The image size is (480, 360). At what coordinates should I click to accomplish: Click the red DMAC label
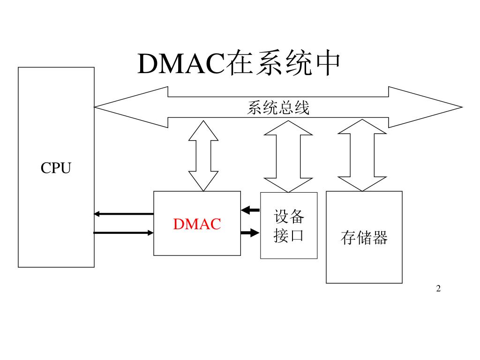197,224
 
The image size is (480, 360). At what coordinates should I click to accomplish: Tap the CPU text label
56,168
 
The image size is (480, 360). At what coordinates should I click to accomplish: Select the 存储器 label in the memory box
364,238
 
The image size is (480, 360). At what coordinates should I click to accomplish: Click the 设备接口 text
289,225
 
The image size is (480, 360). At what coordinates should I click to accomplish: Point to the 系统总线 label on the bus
278,108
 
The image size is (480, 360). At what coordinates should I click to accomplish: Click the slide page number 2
438,288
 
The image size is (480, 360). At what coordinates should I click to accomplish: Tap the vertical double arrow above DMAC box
203,156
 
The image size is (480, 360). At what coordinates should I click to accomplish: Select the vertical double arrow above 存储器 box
362,155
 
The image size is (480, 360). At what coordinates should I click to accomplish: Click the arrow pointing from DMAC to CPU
124,214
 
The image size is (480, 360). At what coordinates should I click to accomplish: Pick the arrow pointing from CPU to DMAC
124,232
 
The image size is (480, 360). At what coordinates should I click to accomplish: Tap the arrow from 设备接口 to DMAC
250,210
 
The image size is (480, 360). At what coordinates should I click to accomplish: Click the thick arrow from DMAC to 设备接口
250,232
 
